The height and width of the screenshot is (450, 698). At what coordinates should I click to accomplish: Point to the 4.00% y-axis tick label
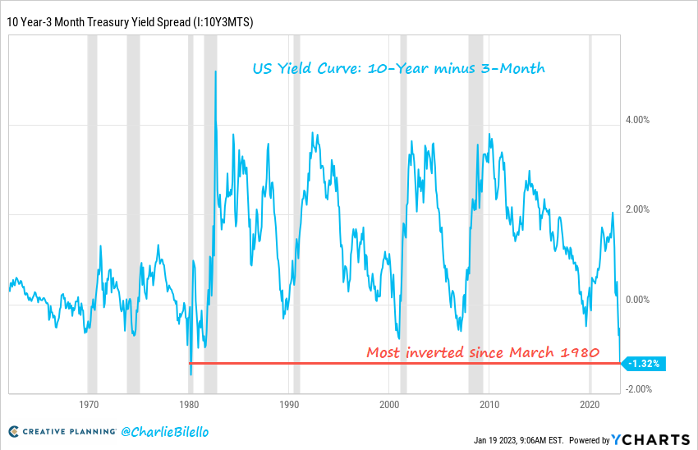637,120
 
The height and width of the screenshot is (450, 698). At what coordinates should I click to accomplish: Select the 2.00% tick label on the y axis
637,210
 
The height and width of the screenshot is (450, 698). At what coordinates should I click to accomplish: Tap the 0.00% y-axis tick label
637,300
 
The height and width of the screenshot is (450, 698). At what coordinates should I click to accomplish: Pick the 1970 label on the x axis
90,405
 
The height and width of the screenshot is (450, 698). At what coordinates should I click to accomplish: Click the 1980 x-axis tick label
190,405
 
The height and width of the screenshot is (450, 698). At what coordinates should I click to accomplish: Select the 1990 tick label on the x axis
289,405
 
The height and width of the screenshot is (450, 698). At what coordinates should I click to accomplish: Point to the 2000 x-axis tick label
389,405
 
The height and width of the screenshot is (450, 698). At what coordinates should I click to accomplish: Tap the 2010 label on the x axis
490,405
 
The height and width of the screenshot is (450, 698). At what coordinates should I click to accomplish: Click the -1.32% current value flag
643,363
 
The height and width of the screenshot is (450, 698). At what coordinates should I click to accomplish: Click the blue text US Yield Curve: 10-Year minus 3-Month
398,69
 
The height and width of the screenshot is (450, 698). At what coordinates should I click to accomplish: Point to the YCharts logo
651,439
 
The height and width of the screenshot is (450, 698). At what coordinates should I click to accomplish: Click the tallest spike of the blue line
215,72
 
